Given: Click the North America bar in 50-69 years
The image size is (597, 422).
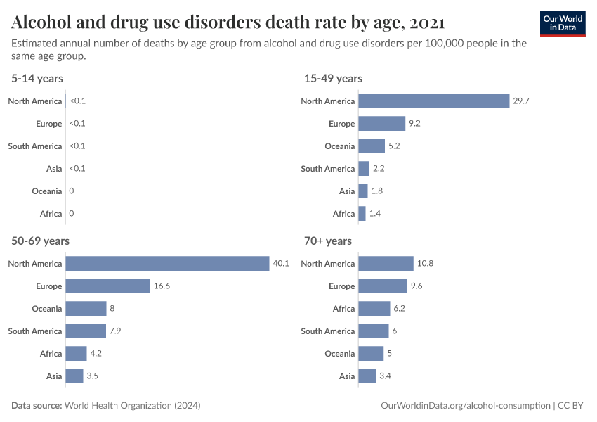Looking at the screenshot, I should pyautogui.click(x=167, y=264).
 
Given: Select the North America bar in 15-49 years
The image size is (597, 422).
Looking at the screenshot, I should pyautogui.click(x=433, y=101).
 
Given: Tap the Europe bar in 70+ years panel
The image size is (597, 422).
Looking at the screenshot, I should pyautogui.click(x=383, y=286).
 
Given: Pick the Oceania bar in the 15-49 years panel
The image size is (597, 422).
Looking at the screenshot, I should pyautogui.click(x=372, y=146).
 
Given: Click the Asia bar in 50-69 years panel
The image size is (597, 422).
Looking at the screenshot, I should pyautogui.click(x=74, y=376).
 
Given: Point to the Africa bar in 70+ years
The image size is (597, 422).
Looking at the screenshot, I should pyautogui.click(x=374, y=309).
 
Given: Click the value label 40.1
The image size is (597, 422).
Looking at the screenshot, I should pyautogui.click(x=281, y=264).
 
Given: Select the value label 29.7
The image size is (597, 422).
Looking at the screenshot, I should pyautogui.click(x=521, y=101).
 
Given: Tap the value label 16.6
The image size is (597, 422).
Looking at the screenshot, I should pyautogui.click(x=162, y=286).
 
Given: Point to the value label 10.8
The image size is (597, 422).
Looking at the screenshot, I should pyautogui.click(x=426, y=264).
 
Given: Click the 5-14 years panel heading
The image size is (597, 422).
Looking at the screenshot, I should pyautogui.click(x=37, y=78).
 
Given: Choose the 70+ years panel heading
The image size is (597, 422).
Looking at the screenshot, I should pyautogui.click(x=328, y=241).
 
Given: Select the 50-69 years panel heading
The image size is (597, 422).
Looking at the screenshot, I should pyautogui.click(x=40, y=241).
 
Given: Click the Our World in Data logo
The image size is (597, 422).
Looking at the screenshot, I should pyautogui.click(x=563, y=23).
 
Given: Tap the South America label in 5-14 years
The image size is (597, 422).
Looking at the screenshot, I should pyautogui.click(x=35, y=146).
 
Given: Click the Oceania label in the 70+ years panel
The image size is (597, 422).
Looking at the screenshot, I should pyautogui.click(x=339, y=354).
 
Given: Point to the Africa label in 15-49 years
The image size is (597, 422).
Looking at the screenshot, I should pyautogui.click(x=343, y=214).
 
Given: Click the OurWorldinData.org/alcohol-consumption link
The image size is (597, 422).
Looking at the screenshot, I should pyautogui.click(x=465, y=406).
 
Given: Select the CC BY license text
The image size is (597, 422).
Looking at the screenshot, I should pyautogui.click(x=572, y=406).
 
